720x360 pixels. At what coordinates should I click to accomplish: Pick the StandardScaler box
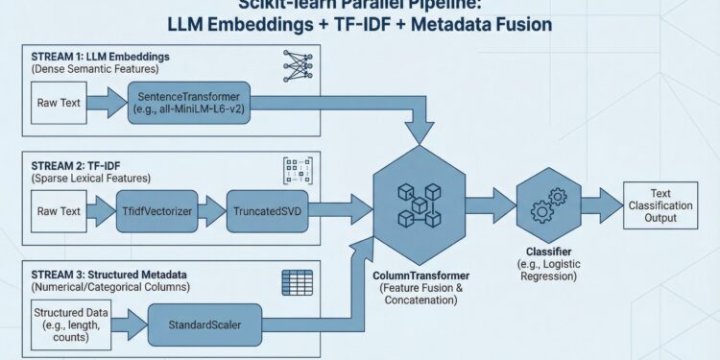[x=207, y=324]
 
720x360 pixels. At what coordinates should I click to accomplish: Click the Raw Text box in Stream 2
[x=59, y=210]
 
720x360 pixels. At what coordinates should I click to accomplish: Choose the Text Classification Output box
[x=661, y=204]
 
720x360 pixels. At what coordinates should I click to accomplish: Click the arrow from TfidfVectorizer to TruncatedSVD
[x=213, y=210]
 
